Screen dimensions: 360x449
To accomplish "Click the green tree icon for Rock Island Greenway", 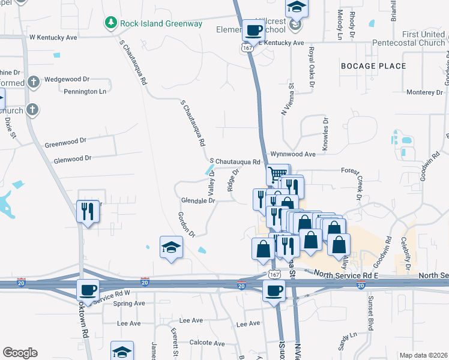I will pos(110,23).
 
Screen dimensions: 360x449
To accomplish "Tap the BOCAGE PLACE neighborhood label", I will pos(373,66).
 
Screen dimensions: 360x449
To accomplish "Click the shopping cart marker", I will pos(277,174).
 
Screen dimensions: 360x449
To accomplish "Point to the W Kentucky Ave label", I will pos(53,37).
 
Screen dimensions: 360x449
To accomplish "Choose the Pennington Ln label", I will pos(85,91).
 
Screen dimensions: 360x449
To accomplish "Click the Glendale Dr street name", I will pos(198,201).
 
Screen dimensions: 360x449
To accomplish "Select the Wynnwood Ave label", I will pos(292,154).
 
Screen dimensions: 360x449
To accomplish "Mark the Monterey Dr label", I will pos(424,92).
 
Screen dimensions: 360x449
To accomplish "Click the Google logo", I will pos(20,353).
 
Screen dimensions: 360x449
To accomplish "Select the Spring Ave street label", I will pos(129,304).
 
